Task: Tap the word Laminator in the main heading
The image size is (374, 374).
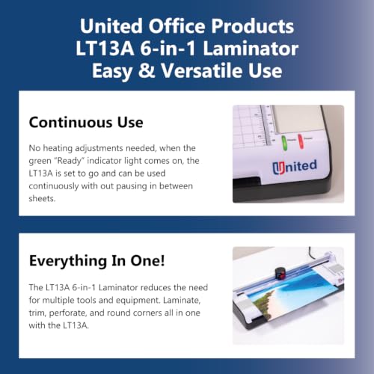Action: [251, 49]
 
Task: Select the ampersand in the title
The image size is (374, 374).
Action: [147, 70]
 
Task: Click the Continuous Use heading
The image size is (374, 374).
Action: [86, 122]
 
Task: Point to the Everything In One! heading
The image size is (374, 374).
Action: [97, 261]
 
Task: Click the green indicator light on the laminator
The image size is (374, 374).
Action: [284, 143]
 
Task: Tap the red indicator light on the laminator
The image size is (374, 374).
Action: [301, 141]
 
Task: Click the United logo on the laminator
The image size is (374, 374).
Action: [295, 167]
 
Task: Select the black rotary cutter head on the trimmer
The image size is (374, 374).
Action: [280, 274]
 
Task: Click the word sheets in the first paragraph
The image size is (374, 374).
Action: [42, 199]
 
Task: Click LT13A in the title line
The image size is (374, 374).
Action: [105, 49]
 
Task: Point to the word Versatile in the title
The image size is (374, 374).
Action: [202, 70]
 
